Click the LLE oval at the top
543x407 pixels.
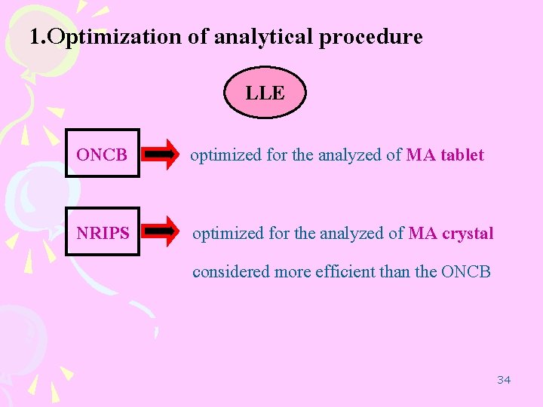coord(265,93)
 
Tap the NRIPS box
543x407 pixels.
coord(103,233)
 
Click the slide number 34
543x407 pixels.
coord(504,379)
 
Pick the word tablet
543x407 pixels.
coord(460,155)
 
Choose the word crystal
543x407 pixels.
coord(468,234)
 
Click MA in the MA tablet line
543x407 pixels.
coord(419,155)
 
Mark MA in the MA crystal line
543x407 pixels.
coord(422,234)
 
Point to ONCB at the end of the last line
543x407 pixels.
coord(466,271)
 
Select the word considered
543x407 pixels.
coord(231,271)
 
